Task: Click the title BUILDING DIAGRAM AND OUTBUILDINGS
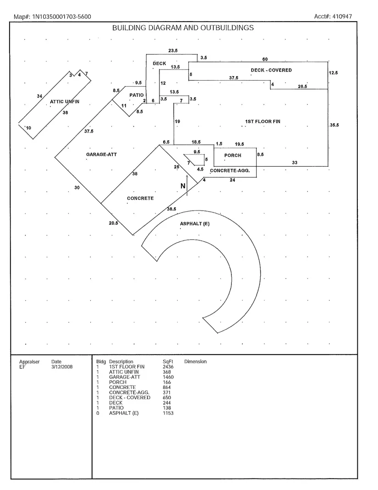coord(183,28)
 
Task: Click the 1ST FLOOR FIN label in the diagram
coord(263,122)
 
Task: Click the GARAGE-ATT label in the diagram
coord(101,155)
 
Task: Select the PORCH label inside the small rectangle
coord(233,156)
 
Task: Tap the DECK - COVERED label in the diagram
coord(271,70)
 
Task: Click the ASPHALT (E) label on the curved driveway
coord(195,223)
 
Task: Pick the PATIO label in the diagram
coord(136,95)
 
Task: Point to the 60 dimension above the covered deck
coord(265,60)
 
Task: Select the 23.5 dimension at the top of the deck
coord(173,50)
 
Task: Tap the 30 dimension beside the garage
coord(77,188)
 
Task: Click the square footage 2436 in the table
coord(168,367)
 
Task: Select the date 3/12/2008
coord(62,367)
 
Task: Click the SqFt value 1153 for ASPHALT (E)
coord(168,413)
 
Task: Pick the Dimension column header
coord(195,362)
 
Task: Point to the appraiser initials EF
coord(22,367)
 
